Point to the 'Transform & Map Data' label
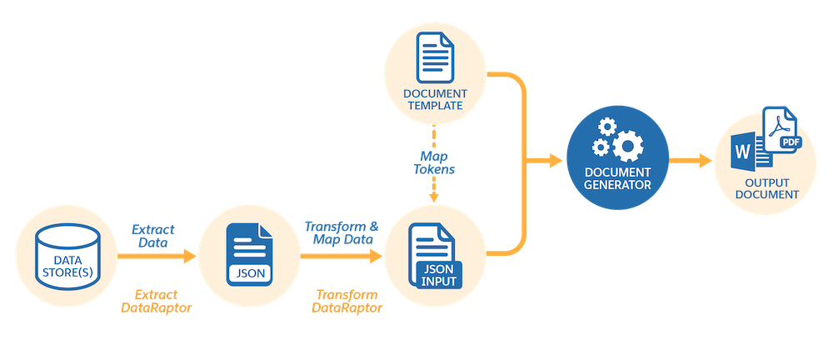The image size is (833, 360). [x=342, y=233]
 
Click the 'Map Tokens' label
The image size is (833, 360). [x=434, y=162]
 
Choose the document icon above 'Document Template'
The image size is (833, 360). [x=433, y=57]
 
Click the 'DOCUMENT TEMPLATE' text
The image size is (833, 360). [x=434, y=98]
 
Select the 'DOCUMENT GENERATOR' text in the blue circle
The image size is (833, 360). [x=616, y=177]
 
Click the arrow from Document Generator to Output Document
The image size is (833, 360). [x=687, y=160]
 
